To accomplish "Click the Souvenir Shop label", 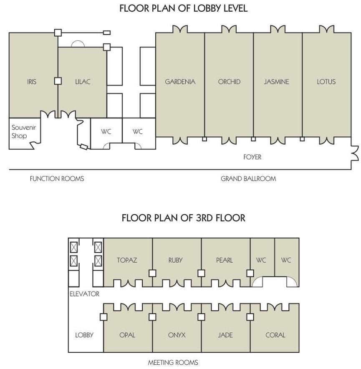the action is click(x=23, y=132).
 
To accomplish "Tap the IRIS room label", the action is click(x=32, y=82).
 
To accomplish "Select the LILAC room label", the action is click(x=83, y=82).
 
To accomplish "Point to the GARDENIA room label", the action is click(x=180, y=82).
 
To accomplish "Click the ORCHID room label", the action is click(x=229, y=82).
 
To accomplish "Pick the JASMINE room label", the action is click(x=276, y=82).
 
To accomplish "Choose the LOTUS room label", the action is click(x=326, y=82).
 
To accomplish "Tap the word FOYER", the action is click(x=252, y=157).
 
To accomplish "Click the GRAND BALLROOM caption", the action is click(x=248, y=178).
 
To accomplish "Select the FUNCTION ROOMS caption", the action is click(x=57, y=178).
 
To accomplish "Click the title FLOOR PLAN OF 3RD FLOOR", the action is click(x=184, y=218).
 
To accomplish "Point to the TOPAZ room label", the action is click(x=127, y=260).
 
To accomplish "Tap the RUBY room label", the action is click(x=176, y=260).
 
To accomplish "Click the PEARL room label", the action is click(x=225, y=260).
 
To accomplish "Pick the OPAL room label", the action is click(x=127, y=335).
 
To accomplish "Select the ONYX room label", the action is click(x=177, y=335).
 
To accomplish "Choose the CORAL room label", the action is click(x=275, y=335).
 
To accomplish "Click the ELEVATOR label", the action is click(x=85, y=294).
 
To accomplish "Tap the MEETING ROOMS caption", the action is click(x=173, y=362).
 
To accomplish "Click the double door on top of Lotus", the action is click(x=327, y=30).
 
